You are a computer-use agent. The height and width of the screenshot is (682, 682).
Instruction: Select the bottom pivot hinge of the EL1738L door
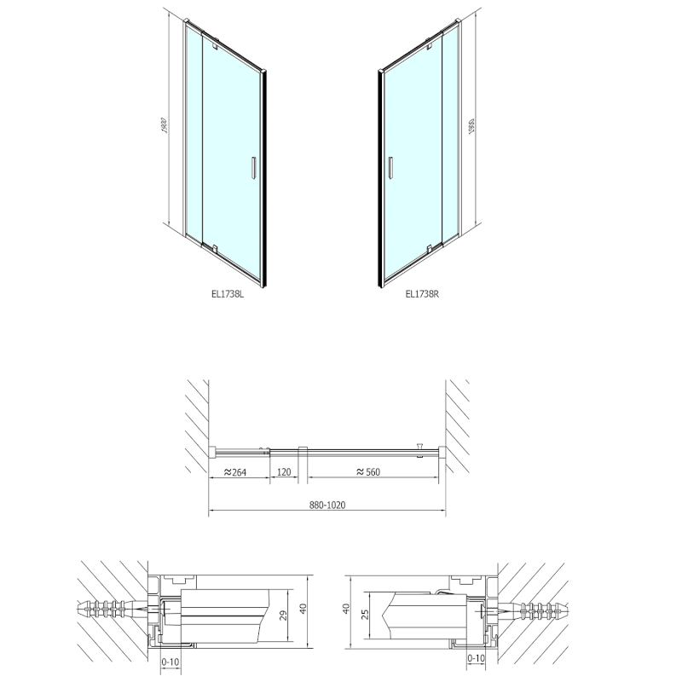[216, 250]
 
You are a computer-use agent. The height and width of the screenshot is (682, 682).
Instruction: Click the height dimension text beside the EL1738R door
[471, 129]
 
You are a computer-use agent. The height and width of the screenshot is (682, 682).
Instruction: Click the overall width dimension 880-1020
[327, 505]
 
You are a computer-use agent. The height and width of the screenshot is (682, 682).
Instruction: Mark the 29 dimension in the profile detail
[281, 615]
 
